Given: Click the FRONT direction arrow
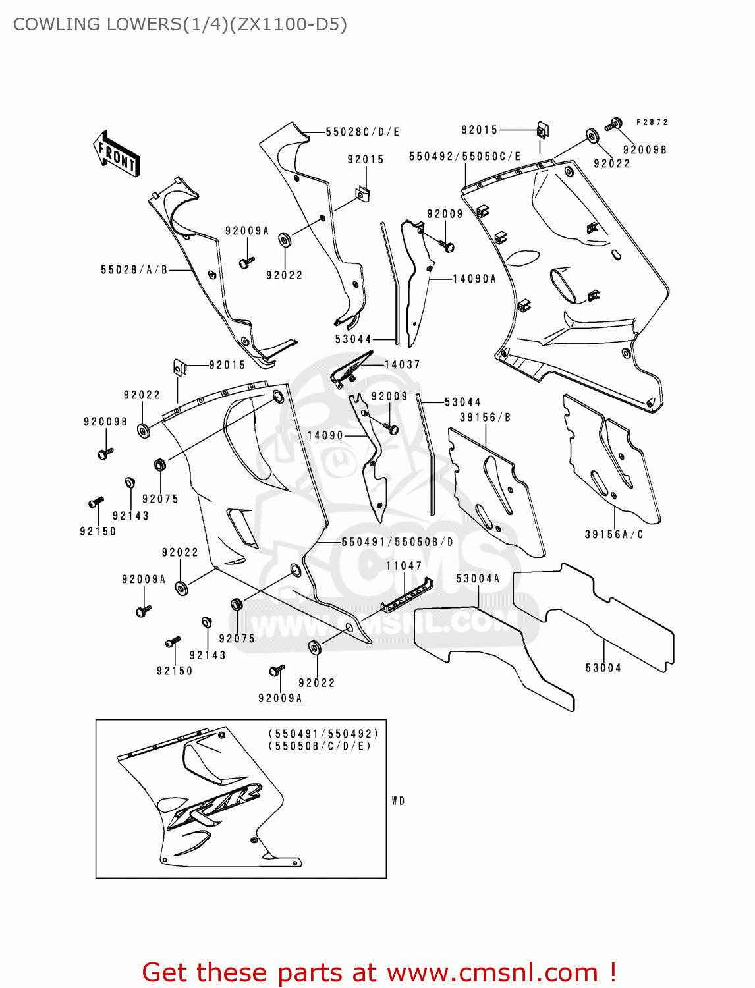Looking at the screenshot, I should point(117,154).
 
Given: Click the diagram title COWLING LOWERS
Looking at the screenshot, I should point(179,24).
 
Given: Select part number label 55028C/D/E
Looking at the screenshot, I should point(362,132).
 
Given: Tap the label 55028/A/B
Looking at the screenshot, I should point(134,270).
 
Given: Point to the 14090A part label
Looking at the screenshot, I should point(474,279).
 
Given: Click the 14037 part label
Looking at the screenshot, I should point(402,365).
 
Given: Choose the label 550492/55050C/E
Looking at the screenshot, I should point(464,157).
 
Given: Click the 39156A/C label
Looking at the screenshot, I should point(614,535).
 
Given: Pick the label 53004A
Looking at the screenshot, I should point(478,579).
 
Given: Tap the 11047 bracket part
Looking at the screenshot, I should point(407,594).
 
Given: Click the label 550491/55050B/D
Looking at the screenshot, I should point(397,542).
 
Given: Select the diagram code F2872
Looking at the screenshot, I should point(652,123).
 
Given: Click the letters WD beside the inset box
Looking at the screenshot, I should point(398,801).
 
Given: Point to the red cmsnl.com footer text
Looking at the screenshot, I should point(379,972).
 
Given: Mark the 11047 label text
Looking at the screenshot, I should point(404,566).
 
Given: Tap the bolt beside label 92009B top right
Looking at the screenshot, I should point(614,124).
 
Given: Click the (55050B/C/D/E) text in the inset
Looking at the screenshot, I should point(320,746).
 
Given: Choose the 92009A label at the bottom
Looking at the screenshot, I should point(280,698).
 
